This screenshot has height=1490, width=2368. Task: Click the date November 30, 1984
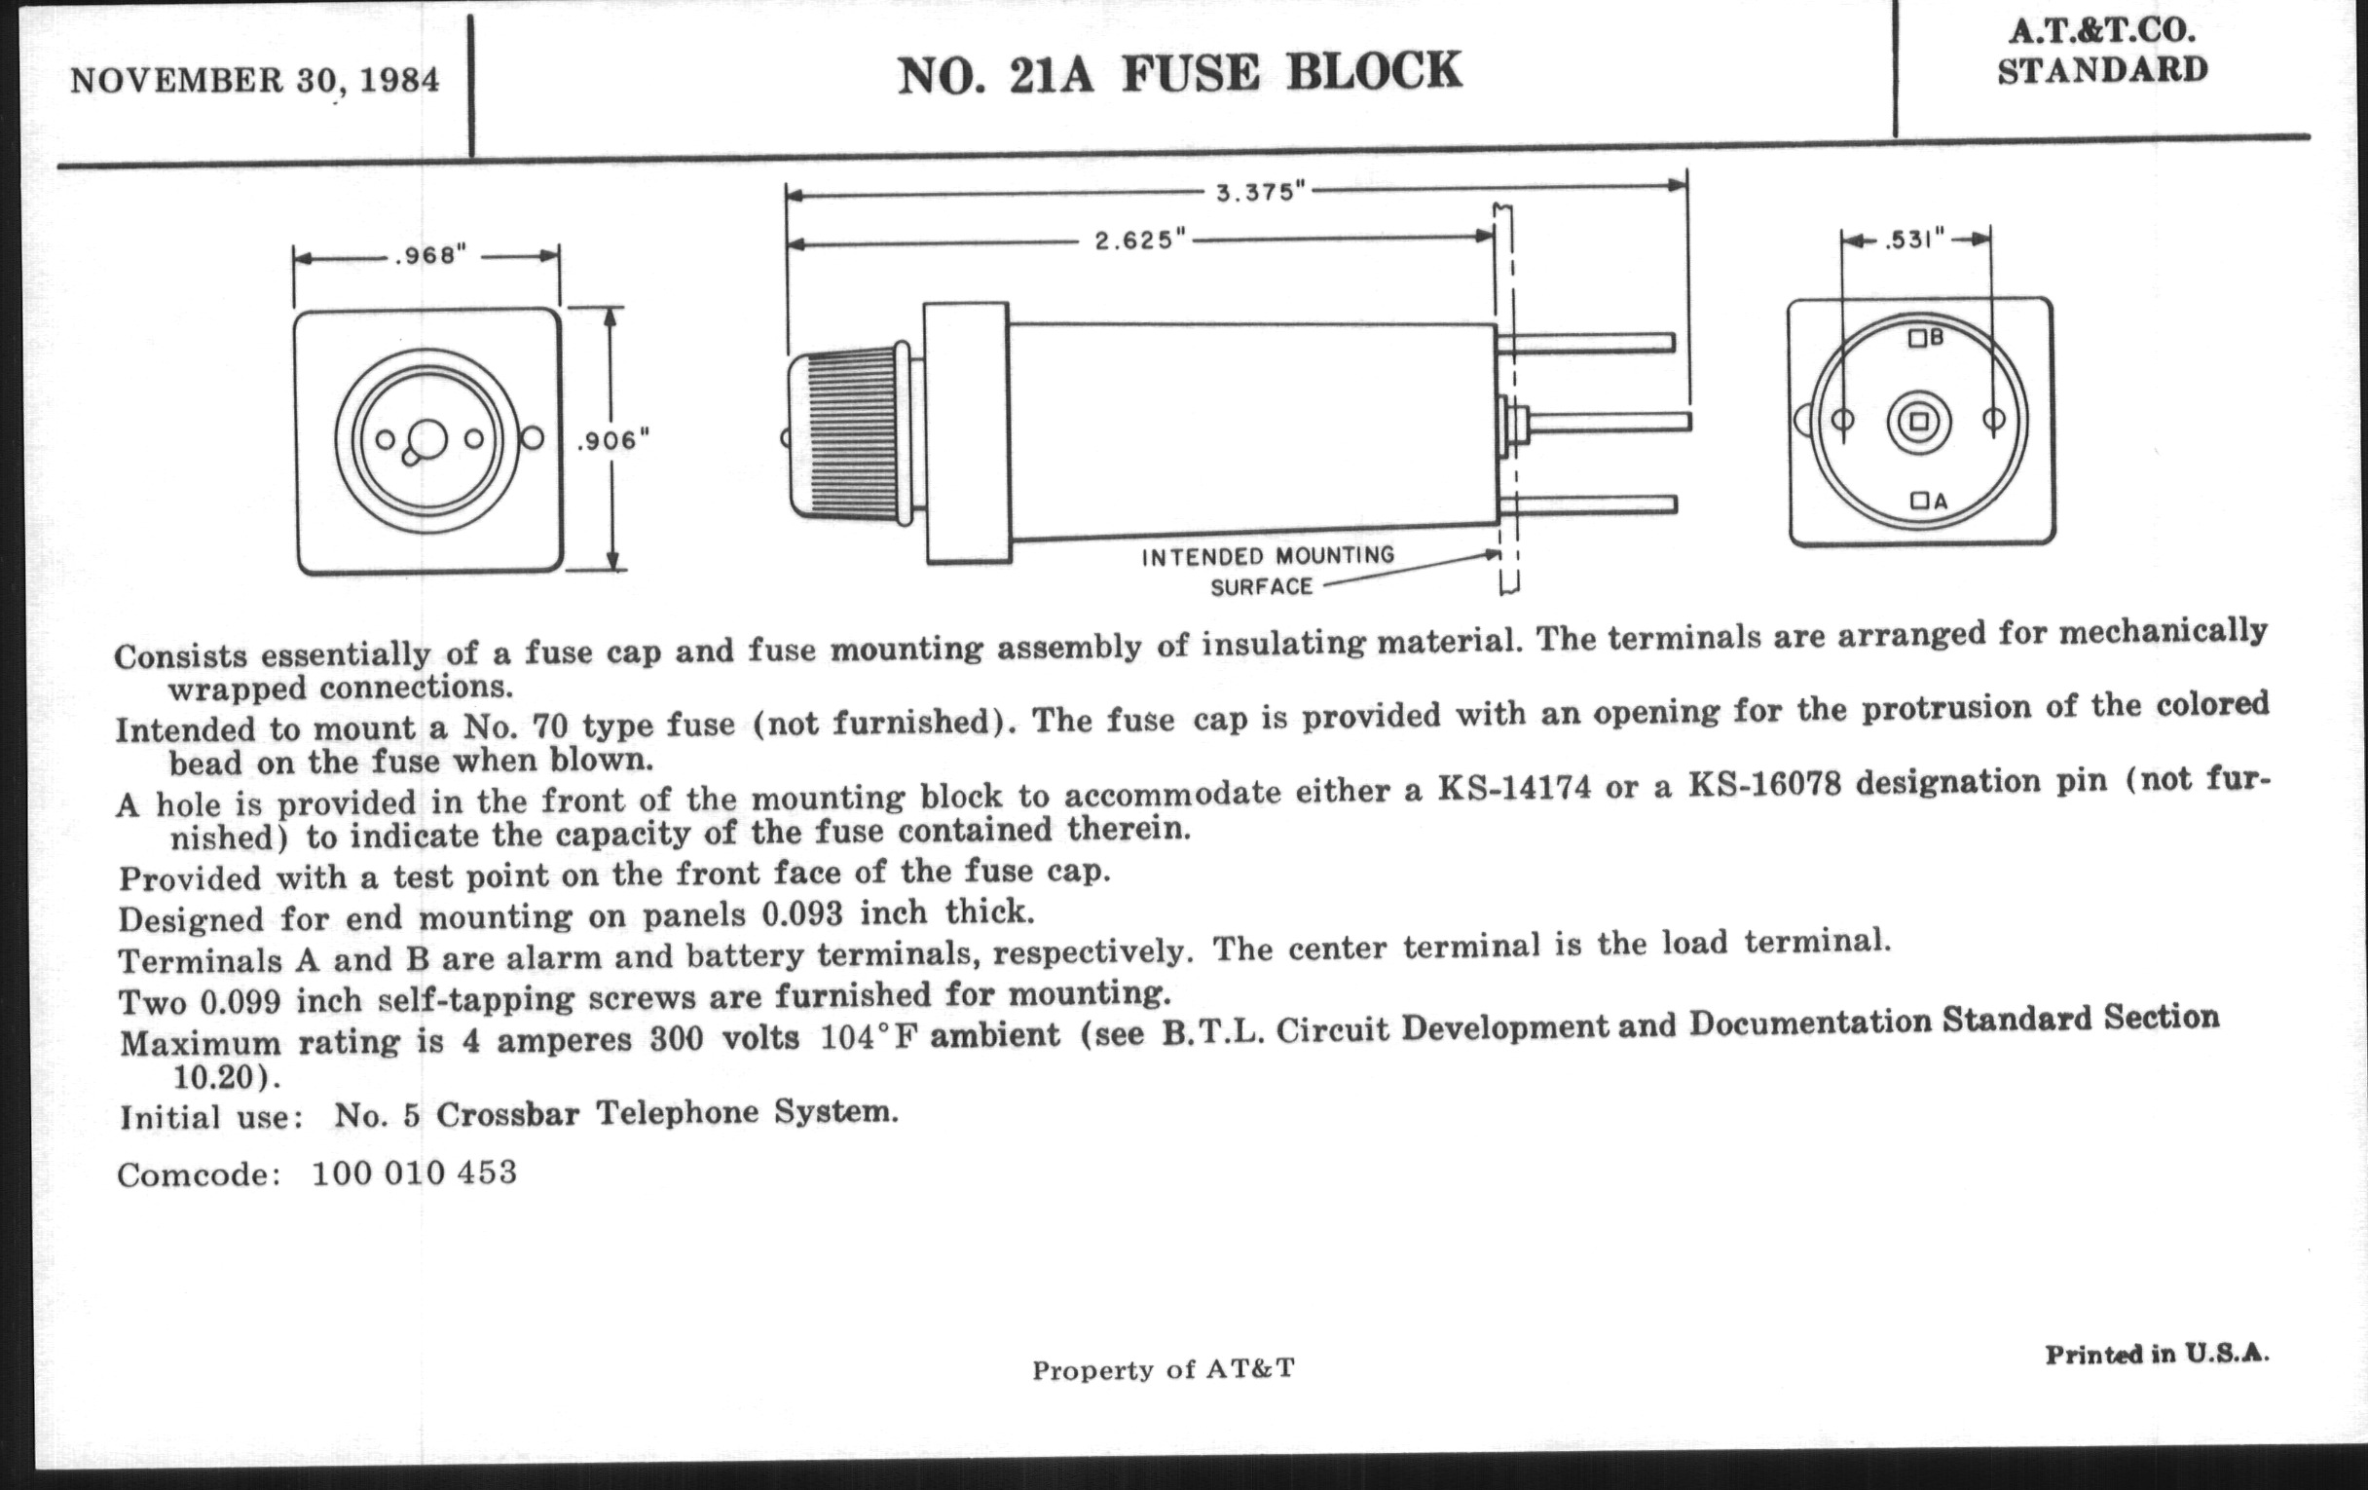(255, 80)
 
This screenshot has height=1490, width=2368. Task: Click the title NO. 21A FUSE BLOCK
(1179, 73)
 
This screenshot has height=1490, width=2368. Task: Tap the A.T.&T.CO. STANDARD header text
(2101, 52)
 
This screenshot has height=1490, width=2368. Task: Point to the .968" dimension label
(429, 256)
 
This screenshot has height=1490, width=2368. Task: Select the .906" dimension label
(612, 440)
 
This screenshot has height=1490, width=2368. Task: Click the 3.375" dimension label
(1260, 192)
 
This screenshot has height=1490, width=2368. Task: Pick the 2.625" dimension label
(1141, 240)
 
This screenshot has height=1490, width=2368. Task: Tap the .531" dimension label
(1913, 240)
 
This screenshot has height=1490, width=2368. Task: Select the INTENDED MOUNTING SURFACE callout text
(1267, 571)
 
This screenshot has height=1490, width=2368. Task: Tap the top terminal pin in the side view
(1585, 342)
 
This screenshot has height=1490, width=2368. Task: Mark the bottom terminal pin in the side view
(1587, 504)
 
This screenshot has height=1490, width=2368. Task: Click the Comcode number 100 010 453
(413, 1173)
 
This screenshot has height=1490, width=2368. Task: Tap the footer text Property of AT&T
(1163, 1369)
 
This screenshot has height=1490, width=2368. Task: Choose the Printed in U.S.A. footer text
(2157, 1355)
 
